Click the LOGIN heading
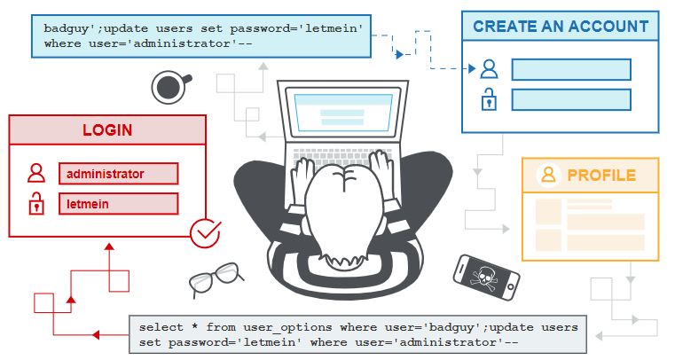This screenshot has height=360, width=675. point(107,130)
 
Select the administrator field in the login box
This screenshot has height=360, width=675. point(119,174)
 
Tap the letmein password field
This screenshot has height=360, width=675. point(119,204)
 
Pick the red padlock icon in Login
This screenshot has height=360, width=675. point(35,205)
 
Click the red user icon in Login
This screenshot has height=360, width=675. point(35,173)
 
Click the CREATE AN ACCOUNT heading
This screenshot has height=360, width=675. point(560,27)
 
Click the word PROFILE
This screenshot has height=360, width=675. point(601,175)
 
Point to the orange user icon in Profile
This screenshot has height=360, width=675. point(549,174)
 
